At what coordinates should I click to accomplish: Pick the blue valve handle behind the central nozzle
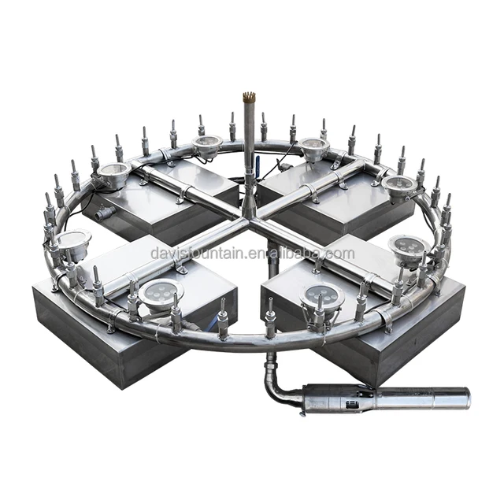[257, 161]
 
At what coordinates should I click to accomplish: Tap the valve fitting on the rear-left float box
[105, 211]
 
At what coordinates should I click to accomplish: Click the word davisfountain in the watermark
[198, 254]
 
